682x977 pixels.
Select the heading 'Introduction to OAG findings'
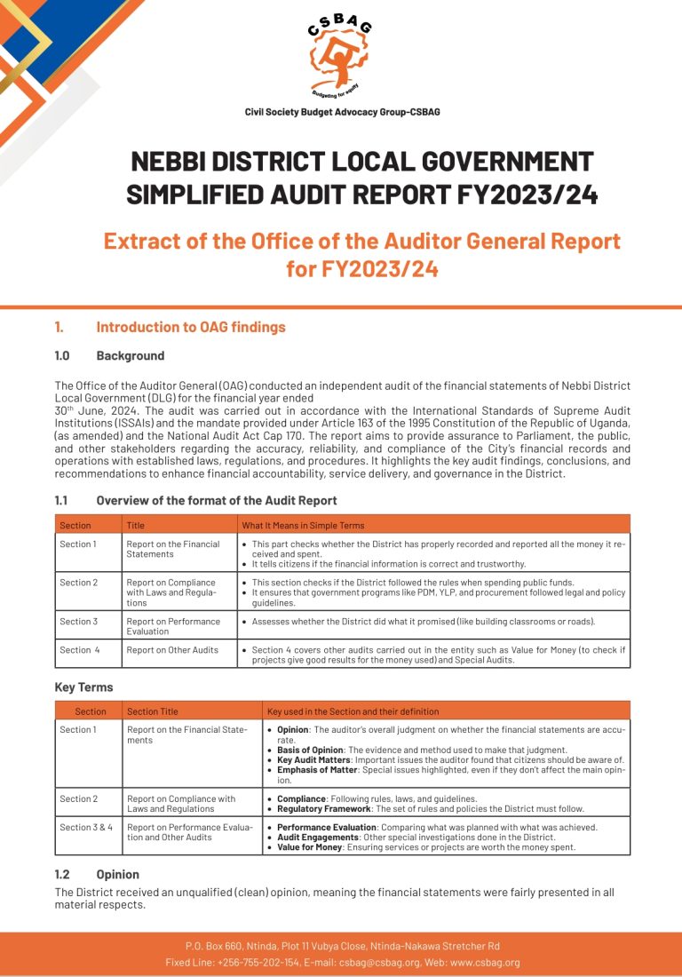(x=191, y=327)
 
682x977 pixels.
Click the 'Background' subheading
(x=130, y=355)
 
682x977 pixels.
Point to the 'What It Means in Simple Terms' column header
(x=303, y=525)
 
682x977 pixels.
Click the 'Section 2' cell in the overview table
(x=78, y=582)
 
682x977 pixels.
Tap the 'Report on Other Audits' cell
(x=172, y=650)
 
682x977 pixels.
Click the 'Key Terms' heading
(x=84, y=687)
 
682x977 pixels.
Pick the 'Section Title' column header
(x=153, y=711)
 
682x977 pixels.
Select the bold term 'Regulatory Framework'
(x=321, y=808)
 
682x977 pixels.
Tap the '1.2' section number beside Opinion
(x=62, y=874)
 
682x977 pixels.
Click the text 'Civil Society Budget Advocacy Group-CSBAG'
(x=342, y=112)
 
